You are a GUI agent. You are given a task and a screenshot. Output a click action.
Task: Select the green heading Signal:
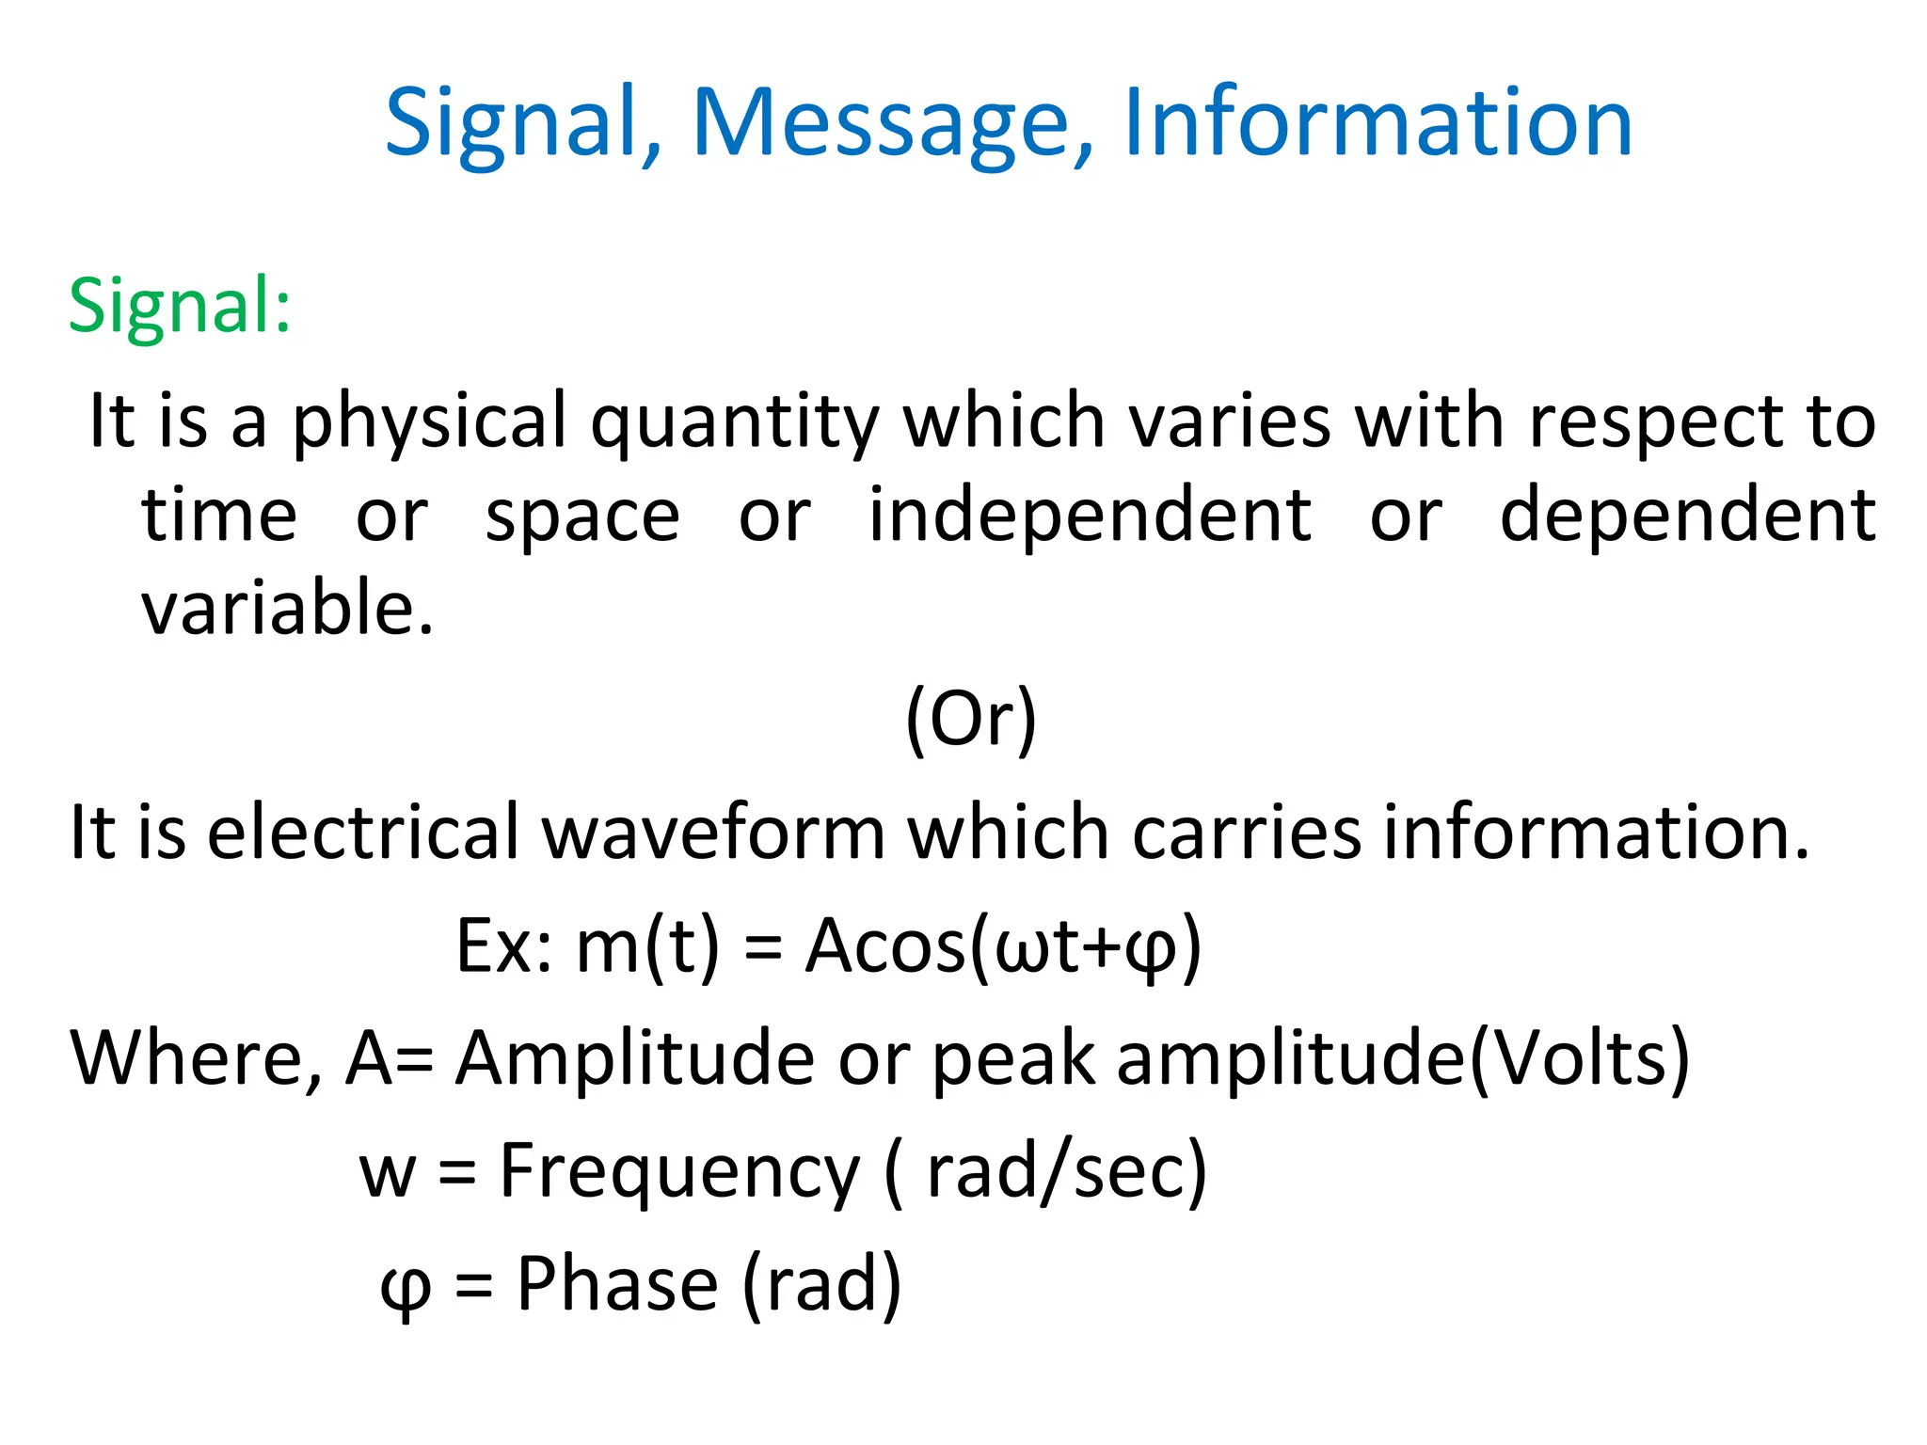pyautogui.click(x=180, y=306)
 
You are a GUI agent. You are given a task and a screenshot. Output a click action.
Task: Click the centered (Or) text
pyautogui.click(x=970, y=719)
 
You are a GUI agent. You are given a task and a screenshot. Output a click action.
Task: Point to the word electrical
pyautogui.click(x=362, y=833)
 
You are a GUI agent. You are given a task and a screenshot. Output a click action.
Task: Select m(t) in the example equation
pyautogui.click(x=647, y=945)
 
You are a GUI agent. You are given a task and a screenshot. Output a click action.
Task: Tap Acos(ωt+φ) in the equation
pyautogui.click(x=1003, y=945)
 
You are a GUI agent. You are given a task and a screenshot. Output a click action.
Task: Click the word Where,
pyautogui.click(x=197, y=1058)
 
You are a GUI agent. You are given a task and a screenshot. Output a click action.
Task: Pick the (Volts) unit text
pyautogui.click(x=1580, y=1058)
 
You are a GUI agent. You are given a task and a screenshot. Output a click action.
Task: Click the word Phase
pyautogui.click(x=617, y=1284)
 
